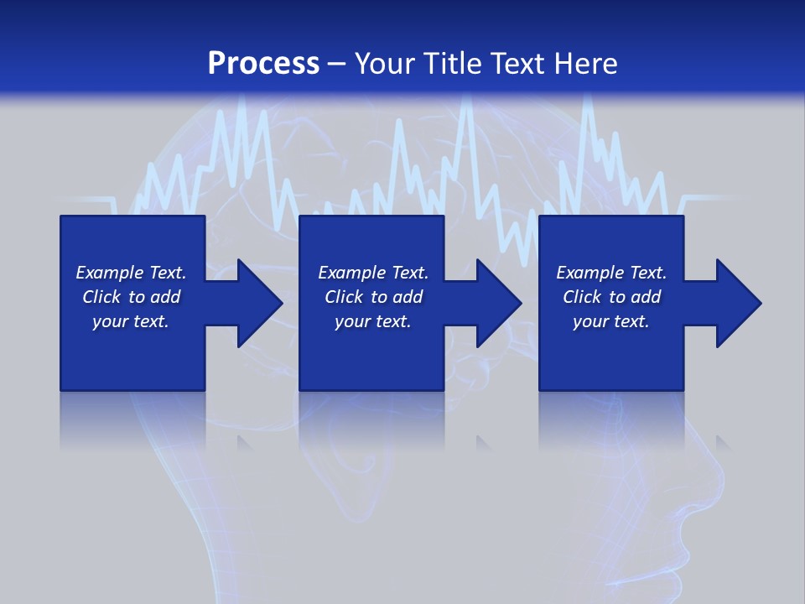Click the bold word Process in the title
263,64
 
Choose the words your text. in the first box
131,321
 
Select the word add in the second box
408,297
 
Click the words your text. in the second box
373,321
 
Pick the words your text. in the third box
611,321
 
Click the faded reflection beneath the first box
132,419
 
